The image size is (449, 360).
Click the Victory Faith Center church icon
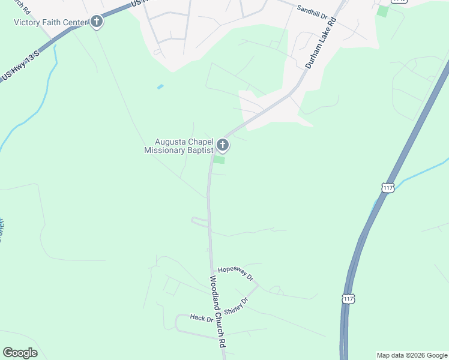point(97,22)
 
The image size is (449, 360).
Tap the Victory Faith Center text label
point(51,22)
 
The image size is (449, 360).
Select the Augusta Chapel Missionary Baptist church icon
point(223,145)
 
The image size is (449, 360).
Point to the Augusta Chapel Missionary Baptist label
point(179,146)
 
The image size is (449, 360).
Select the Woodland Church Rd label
point(217,312)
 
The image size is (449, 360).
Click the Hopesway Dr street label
point(236,274)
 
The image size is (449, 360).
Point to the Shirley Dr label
point(236,307)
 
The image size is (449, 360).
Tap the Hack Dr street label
point(201,318)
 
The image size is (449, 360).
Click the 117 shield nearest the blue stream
point(387,187)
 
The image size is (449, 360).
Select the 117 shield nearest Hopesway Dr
point(348,298)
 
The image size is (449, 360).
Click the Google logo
point(20,353)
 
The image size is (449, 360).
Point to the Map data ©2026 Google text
point(412,355)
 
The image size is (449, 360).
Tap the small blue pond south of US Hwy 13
point(160,87)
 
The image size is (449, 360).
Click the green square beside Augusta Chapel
point(220,160)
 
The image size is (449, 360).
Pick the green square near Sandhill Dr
point(382,11)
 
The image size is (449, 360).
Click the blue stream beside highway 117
point(420,171)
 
